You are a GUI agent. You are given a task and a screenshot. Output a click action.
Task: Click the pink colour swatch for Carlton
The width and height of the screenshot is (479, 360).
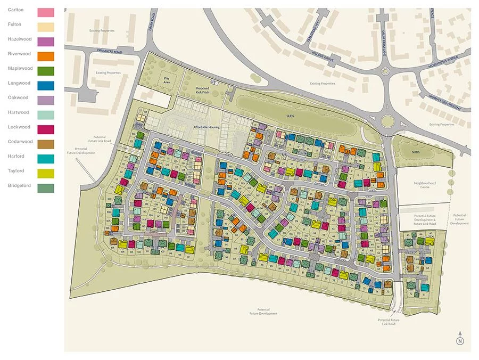point(46,12)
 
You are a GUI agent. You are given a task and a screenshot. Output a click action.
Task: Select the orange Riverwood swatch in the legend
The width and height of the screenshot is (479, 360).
point(46,56)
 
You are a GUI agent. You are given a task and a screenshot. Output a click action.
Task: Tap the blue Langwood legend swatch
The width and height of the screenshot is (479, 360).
point(46,85)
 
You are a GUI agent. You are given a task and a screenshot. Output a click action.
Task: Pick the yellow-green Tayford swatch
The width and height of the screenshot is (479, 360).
point(46,173)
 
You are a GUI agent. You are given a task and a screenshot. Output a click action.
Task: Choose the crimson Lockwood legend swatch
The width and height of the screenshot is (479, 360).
point(46,129)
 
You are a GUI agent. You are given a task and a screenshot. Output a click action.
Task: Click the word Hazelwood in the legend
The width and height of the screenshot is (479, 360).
point(19,39)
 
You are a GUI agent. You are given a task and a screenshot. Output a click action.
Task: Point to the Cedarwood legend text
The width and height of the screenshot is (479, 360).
point(20,142)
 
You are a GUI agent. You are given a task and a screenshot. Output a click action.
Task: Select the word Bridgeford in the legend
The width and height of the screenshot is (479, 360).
point(20,186)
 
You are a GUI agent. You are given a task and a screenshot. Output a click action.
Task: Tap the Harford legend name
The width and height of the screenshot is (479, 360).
point(16,157)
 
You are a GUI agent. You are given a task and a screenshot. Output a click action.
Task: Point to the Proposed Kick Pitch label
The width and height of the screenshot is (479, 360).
point(202,90)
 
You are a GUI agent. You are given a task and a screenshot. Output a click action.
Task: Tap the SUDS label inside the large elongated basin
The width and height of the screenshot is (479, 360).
point(290,115)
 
